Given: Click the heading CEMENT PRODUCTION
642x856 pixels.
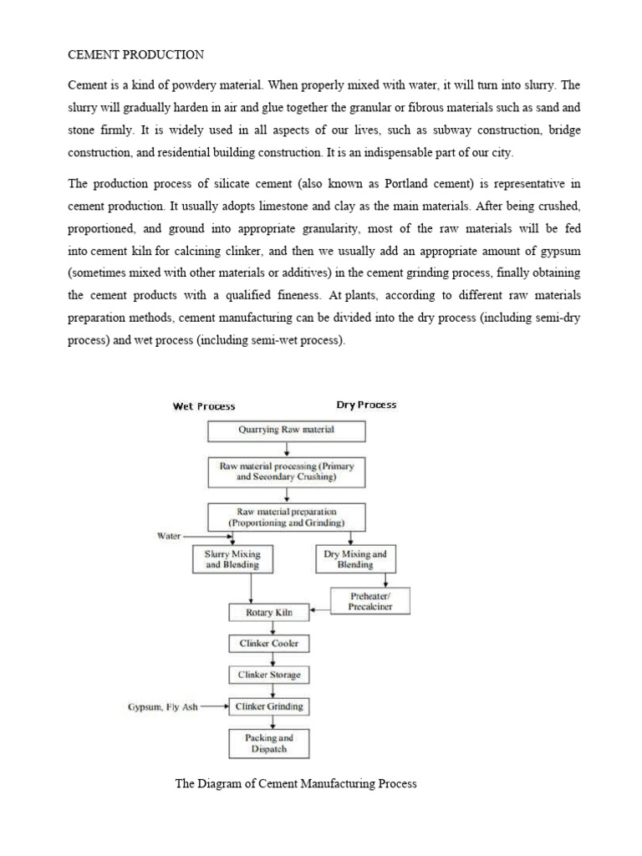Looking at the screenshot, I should pyautogui.click(x=135, y=55).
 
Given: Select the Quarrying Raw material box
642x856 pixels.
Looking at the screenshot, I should pyautogui.click(x=286, y=431).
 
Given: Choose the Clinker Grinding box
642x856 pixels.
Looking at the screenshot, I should pyautogui.click(x=268, y=706).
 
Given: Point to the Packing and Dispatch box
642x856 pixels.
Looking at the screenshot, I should pyautogui.click(x=268, y=743).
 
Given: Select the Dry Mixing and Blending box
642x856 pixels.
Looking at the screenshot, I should pyautogui.click(x=355, y=559).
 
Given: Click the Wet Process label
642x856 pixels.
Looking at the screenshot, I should pyautogui.click(x=204, y=406).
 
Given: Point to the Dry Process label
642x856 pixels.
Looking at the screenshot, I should pyautogui.click(x=366, y=405).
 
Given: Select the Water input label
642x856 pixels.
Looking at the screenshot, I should pyautogui.click(x=170, y=536).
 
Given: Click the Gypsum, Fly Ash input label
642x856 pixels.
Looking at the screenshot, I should pyautogui.click(x=163, y=707).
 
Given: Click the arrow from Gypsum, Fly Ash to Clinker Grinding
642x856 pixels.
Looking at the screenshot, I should pyautogui.click(x=214, y=707).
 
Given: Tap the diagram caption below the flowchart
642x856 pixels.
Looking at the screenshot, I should pyautogui.click(x=296, y=784).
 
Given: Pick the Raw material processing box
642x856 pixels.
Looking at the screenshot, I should pyautogui.click(x=286, y=473).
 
